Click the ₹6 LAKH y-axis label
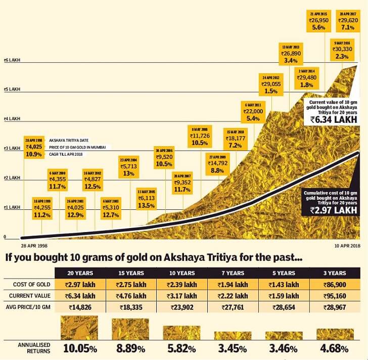(x=11, y=60)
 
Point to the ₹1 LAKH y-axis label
(x=11, y=208)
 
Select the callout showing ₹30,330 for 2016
(x=346, y=50)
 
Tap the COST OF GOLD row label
(x=31, y=285)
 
